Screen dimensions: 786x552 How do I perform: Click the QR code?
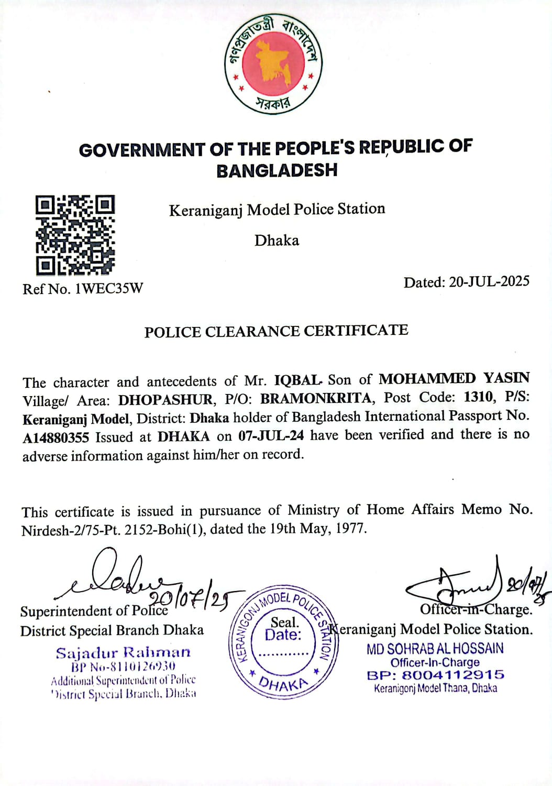click(x=75, y=235)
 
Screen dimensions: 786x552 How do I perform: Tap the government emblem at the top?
click(x=276, y=63)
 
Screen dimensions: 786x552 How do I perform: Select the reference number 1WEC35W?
click(x=109, y=289)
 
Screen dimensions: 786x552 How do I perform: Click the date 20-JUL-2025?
click(x=489, y=282)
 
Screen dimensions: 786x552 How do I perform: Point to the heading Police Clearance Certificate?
click(x=276, y=331)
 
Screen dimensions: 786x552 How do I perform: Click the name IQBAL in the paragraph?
click(x=297, y=380)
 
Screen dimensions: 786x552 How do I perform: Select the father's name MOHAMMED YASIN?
click(x=454, y=378)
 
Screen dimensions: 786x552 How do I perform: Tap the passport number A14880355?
click(x=56, y=438)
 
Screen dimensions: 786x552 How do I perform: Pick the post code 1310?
click(x=479, y=397)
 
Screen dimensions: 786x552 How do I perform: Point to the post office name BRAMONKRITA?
click(x=317, y=398)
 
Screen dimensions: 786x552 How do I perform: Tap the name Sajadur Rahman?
click(x=123, y=653)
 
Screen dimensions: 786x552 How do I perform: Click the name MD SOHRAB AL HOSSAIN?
click(x=435, y=649)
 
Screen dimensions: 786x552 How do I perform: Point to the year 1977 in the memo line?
click(x=351, y=528)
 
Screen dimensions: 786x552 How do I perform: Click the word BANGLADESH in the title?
click(x=277, y=170)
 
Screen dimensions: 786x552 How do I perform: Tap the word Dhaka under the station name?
click(x=277, y=241)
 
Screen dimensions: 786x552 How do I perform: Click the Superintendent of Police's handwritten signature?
click(x=126, y=575)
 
